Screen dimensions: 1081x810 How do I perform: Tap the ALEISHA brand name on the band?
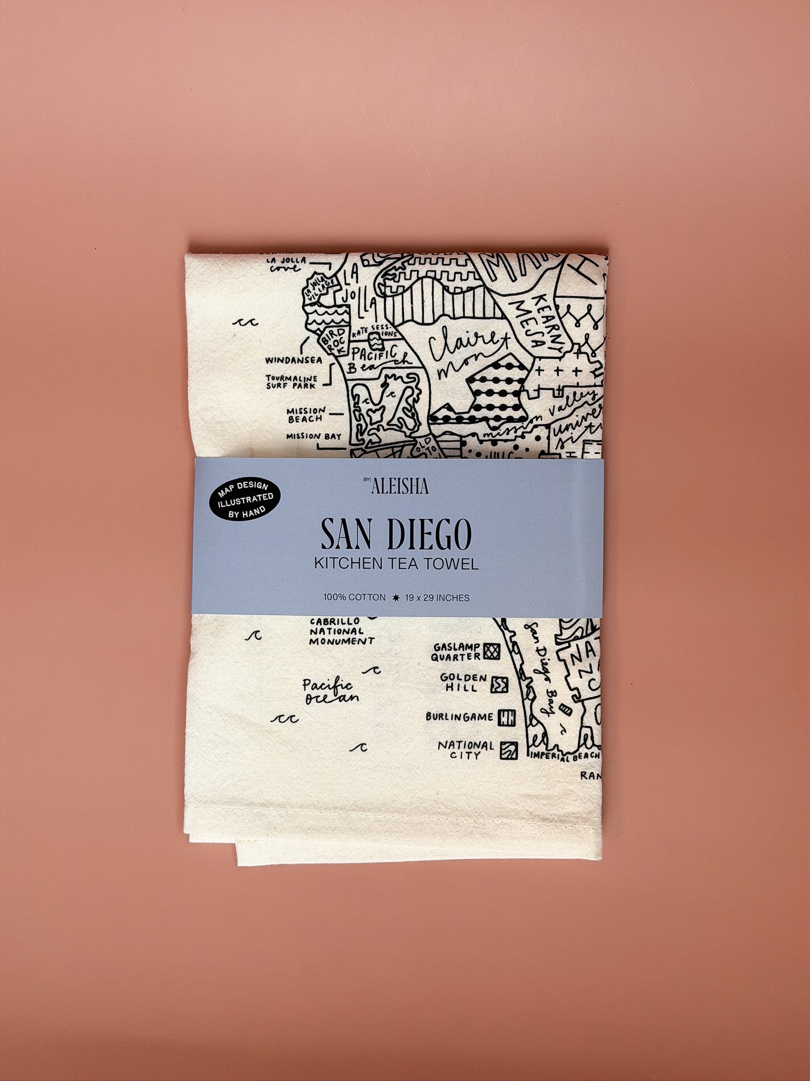tap(399, 486)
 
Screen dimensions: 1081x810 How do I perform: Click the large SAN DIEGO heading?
tap(396, 535)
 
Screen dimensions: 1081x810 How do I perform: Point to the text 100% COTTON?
tap(354, 597)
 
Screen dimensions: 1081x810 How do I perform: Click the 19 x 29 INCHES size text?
tap(437, 598)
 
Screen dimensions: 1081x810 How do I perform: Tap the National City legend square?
tap(509, 751)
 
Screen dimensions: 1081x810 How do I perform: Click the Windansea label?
tap(294, 360)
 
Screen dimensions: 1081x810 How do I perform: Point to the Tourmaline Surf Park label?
tap(291, 382)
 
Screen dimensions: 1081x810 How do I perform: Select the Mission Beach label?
tap(306, 415)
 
